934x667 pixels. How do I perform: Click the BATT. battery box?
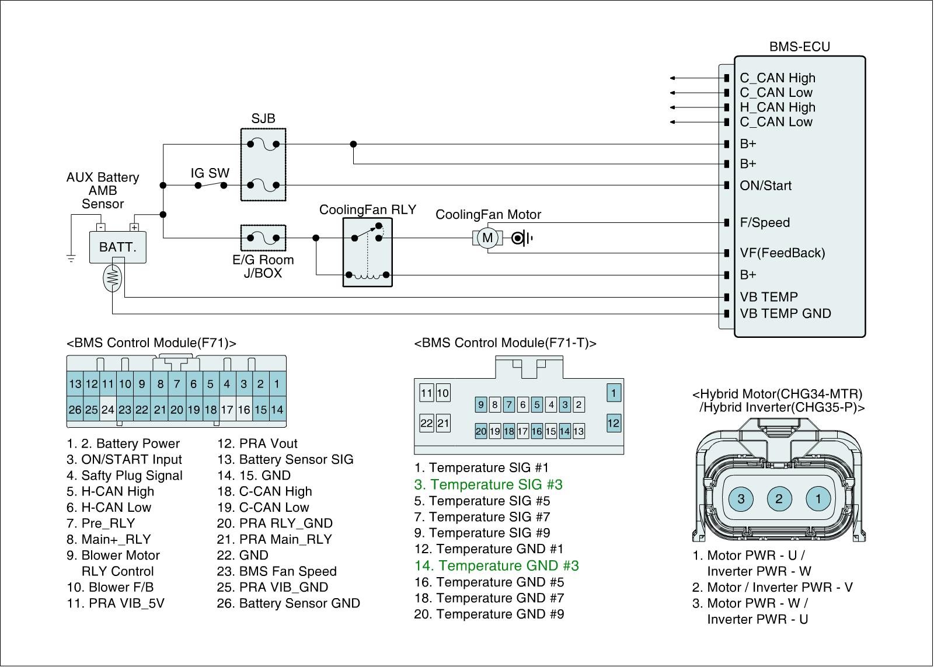117,247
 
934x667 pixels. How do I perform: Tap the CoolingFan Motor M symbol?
487,238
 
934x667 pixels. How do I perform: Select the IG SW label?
210,173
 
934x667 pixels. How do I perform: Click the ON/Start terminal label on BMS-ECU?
765,186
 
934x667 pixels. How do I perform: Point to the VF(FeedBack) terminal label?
782,253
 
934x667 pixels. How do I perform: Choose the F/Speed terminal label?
764,222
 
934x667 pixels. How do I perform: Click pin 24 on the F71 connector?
108,410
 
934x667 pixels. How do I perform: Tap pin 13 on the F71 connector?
75,383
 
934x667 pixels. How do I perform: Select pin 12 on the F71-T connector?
614,424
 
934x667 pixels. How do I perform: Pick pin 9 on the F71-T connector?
481,404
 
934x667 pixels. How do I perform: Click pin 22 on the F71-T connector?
427,423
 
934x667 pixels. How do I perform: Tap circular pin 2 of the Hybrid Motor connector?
779,498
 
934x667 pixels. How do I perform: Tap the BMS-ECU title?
799,47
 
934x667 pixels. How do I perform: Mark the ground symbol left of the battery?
71,259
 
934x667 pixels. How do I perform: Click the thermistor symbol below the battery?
112,278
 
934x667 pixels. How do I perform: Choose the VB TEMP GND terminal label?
785,313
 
